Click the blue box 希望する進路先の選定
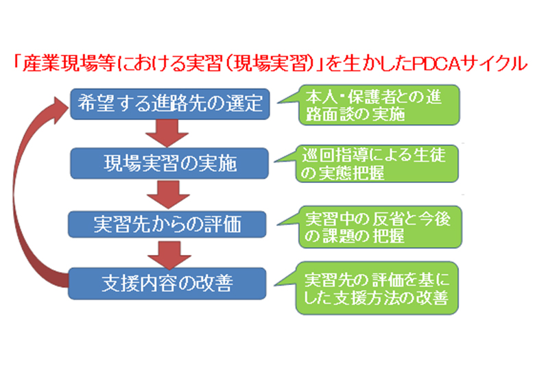tap(170, 104)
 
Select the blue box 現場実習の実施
tap(169, 164)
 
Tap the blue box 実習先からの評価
tap(167, 224)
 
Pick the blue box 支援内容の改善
tap(167, 284)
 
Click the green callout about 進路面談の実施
tap(379, 105)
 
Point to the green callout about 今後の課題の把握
tap(379, 227)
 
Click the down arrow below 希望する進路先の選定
tap(167, 133)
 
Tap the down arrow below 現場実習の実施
tap(168, 194)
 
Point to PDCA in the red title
tap(437, 64)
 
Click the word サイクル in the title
tap(495, 64)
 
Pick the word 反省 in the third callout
tap(389, 219)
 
